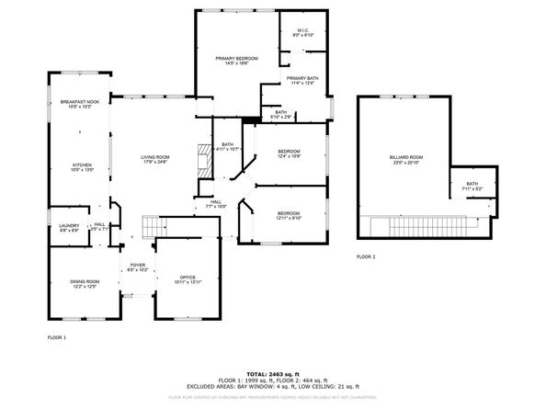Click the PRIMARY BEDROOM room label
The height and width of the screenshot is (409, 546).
point(236,60)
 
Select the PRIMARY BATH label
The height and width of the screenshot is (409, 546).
point(301,79)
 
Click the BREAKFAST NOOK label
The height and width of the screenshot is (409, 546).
point(79,102)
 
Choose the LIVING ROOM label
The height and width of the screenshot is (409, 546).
point(154,158)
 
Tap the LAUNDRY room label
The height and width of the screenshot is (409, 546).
point(69,226)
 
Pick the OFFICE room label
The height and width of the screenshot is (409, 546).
point(188,277)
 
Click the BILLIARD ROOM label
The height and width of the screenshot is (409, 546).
point(404,158)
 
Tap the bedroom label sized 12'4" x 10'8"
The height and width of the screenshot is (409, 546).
point(289,152)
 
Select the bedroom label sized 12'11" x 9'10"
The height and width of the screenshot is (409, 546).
point(289,215)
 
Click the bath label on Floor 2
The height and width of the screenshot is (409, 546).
point(472,186)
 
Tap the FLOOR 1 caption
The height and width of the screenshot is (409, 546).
point(57,338)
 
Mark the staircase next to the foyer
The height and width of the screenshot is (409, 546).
point(146,226)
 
